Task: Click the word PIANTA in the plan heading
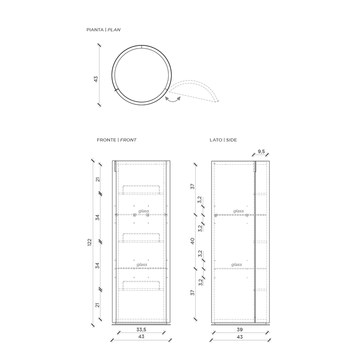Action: pyautogui.click(x=95, y=30)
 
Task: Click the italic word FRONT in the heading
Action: pyautogui.click(x=128, y=140)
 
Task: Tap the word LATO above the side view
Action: pyautogui.click(x=216, y=140)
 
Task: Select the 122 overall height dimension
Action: pyautogui.click(x=90, y=243)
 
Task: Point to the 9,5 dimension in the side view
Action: pyautogui.click(x=261, y=152)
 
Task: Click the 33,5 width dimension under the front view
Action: pyautogui.click(x=141, y=330)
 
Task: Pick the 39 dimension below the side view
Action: pyautogui.click(x=240, y=330)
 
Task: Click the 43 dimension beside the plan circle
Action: pyautogui.click(x=96, y=79)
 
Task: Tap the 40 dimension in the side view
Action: pyautogui.click(x=193, y=241)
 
